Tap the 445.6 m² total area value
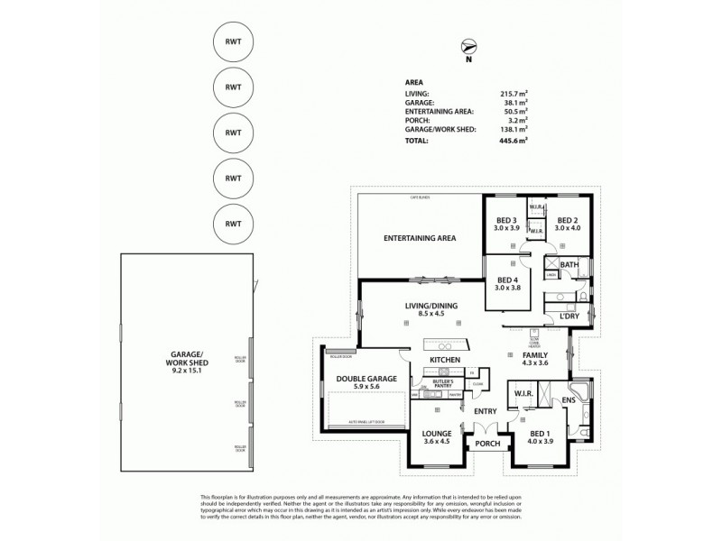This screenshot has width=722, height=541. [514, 141]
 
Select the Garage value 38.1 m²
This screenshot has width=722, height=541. [515, 102]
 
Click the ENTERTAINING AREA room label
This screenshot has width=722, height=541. [419, 238]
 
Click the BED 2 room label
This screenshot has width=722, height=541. [567, 221]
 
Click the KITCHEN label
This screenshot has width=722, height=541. [445, 361]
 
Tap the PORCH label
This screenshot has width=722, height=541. [488, 444]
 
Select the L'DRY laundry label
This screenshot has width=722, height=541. [569, 316]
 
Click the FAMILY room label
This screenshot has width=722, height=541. [535, 355]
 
